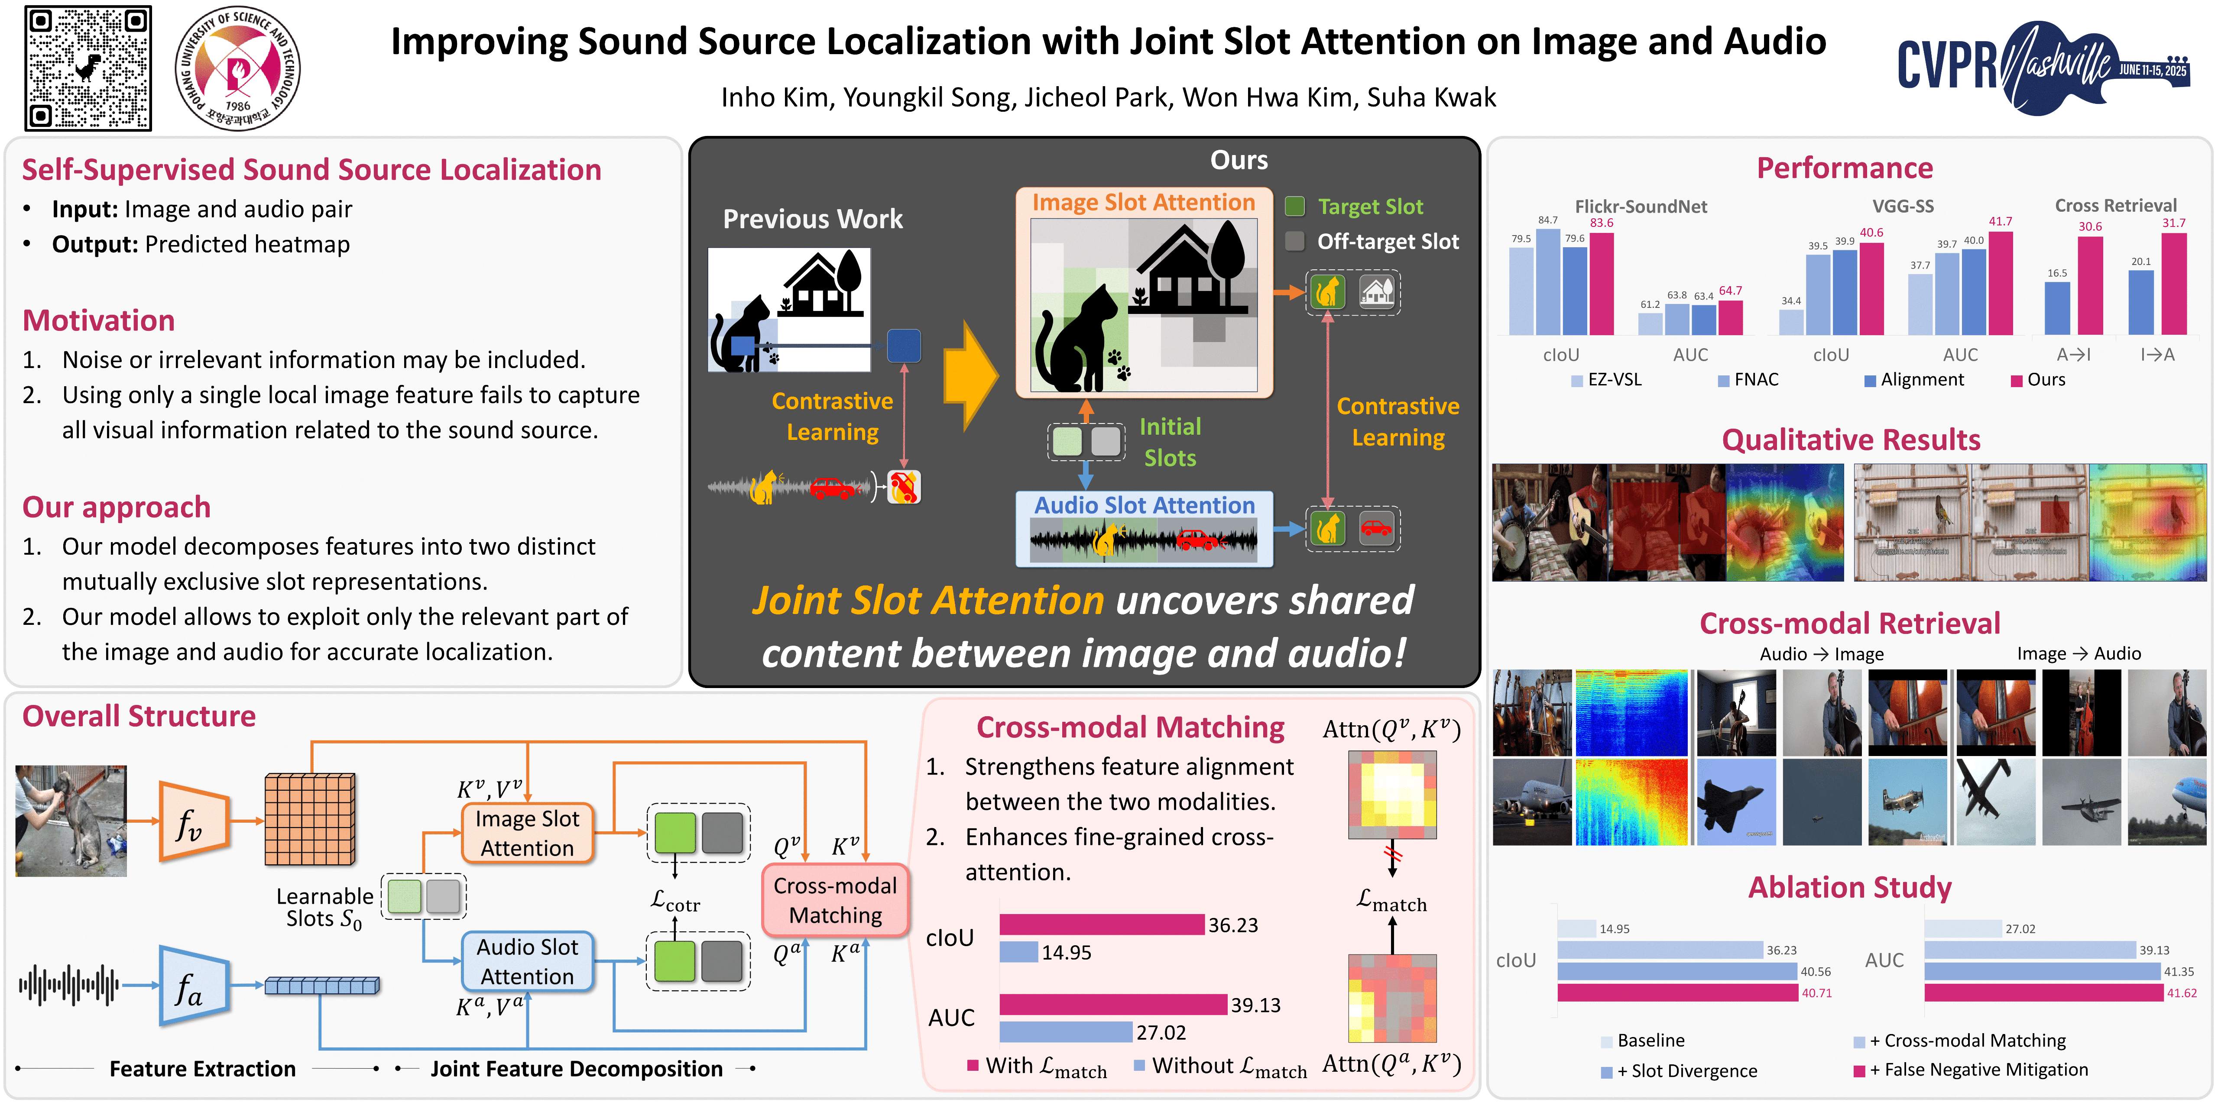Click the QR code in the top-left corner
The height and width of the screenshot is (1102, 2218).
[x=89, y=68]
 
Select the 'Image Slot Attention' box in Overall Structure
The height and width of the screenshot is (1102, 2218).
[x=527, y=833]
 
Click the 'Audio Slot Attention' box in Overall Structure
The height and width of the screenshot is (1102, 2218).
[x=527, y=961]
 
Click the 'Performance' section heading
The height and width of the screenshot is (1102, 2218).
[x=1844, y=168]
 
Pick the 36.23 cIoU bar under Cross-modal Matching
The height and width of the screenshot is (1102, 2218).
[x=1101, y=924]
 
